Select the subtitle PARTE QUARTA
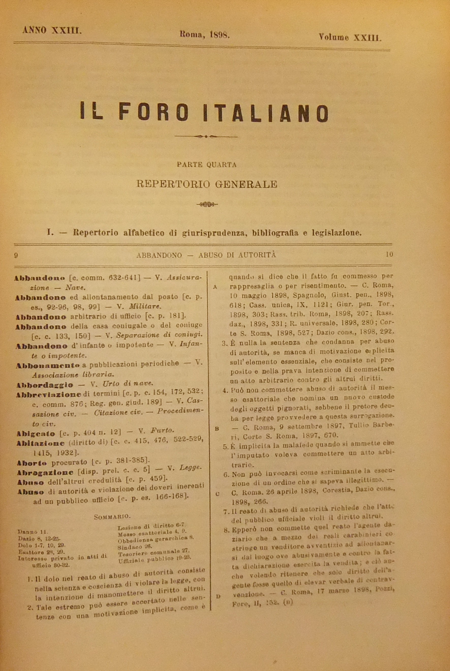[x=207, y=165]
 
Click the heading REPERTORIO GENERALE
[x=207, y=184]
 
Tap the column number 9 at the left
[x=16, y=255]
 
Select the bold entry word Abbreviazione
[x=48, y=395]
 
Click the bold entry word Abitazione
[x=40, y=443]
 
